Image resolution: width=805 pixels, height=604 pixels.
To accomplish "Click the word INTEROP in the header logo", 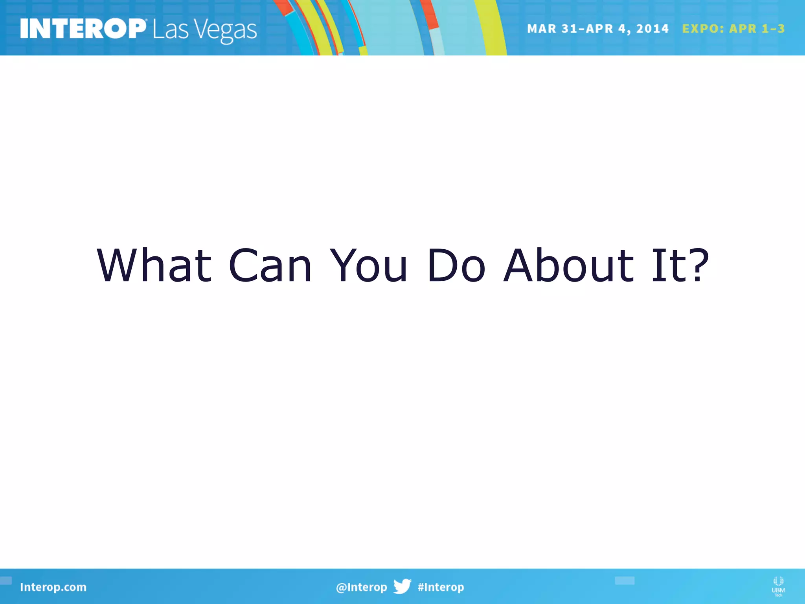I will point(83,29).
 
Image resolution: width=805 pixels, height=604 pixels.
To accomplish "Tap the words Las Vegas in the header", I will point(204,30).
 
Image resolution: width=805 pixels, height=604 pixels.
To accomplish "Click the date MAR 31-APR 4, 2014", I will point(597,29).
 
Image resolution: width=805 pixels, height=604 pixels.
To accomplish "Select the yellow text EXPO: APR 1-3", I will point(733,29).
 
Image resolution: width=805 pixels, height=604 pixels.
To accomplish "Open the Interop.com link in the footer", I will point(53,587).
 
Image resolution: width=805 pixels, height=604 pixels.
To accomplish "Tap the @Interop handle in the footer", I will point(361,587).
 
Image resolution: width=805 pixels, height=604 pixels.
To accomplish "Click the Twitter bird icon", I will point(402,586).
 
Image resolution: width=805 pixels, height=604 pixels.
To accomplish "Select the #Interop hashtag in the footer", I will point(441,587).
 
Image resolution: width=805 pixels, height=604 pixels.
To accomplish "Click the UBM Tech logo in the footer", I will point(778,586).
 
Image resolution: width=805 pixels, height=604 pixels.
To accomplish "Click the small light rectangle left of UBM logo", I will point(625,580).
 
